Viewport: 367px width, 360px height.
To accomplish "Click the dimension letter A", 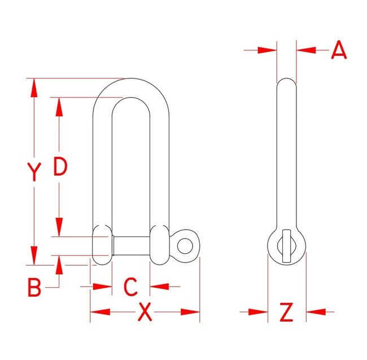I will (x=339, y=50).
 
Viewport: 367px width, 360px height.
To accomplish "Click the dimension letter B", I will (x=35, y=288).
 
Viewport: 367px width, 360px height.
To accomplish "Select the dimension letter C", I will (x=130, y=287).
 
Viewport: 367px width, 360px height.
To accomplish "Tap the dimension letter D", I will (x=60, y=166).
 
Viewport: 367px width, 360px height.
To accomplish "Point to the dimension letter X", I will (x=146, y=312).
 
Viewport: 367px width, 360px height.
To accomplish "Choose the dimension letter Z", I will (x=287, y=311).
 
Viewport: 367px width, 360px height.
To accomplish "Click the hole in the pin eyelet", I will (x=185, y=245).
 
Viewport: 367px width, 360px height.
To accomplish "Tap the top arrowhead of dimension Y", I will (x=34, y=87).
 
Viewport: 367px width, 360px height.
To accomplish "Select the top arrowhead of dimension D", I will (x=59, y=107).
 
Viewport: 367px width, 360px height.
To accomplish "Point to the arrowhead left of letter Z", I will (x=259, y=311).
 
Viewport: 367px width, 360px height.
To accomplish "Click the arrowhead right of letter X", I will (x=190, y=311).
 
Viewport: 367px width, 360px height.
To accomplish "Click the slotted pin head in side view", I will (x=286, y=245).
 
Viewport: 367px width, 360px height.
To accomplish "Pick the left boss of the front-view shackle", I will (x=102, y=244).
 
